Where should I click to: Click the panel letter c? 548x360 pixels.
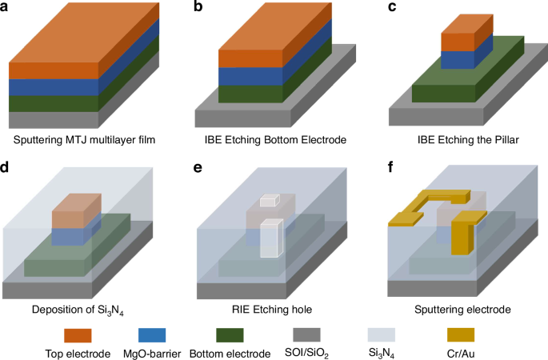(391, 7)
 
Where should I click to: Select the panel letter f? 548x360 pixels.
(391, 169)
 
